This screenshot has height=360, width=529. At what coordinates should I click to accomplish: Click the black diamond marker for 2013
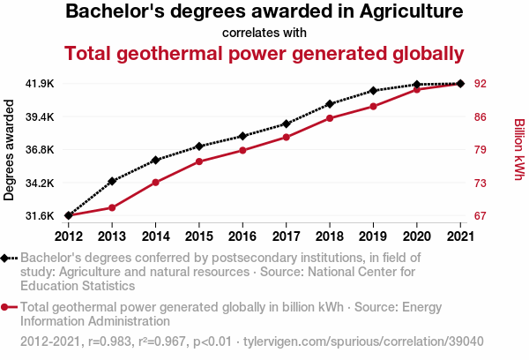[x=112, y=181]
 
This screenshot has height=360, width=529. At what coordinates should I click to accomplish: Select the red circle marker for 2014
[x=155, y=183]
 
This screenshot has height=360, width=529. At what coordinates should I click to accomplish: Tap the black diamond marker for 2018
[x=329, y=104]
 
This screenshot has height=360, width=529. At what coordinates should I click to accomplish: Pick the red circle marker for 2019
[x=373, y=106]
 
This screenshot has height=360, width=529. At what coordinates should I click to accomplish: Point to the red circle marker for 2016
[x=242, y=150]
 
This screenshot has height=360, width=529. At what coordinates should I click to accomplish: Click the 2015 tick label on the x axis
[x=199, y=236]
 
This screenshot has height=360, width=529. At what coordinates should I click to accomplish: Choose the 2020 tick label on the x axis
[x=416, y=236]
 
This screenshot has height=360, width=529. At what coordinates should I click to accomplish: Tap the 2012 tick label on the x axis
[x=69, y=236]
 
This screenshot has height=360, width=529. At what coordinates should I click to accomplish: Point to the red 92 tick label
[x=481, y=84]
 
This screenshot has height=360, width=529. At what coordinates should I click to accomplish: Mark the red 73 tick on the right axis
[x=481, y=183]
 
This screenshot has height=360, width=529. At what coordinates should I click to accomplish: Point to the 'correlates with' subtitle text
[x=264, y=33]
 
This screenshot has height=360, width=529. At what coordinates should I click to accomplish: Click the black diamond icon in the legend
[x=8, y=259]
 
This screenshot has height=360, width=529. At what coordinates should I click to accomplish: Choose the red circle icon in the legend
[x=8, y=308]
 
